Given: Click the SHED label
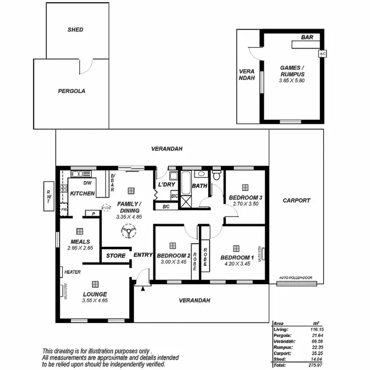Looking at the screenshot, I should [x=75, y=30].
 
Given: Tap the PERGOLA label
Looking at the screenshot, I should [x=72, y=91].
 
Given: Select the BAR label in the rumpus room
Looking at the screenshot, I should [x=307, y=37].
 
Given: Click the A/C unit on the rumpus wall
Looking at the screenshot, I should [x=323, y=54].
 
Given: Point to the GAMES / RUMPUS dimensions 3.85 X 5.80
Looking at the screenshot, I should [x=292, y=80].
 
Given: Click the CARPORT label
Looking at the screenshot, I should [x=296, y=200].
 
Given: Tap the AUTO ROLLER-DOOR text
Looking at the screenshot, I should [x=296, y=277].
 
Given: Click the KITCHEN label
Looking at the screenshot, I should [x=82, y=193].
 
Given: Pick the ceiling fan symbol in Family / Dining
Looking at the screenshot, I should [x=128, y=231].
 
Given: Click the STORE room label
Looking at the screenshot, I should [x=116, y=256].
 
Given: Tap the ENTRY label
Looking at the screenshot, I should [x=143, y=255].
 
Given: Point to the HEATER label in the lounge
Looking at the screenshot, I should [x=72, y=272].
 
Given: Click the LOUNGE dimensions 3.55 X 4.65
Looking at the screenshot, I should [x=95, y=300].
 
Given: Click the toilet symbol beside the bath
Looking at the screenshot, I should [x=217, y=176].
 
